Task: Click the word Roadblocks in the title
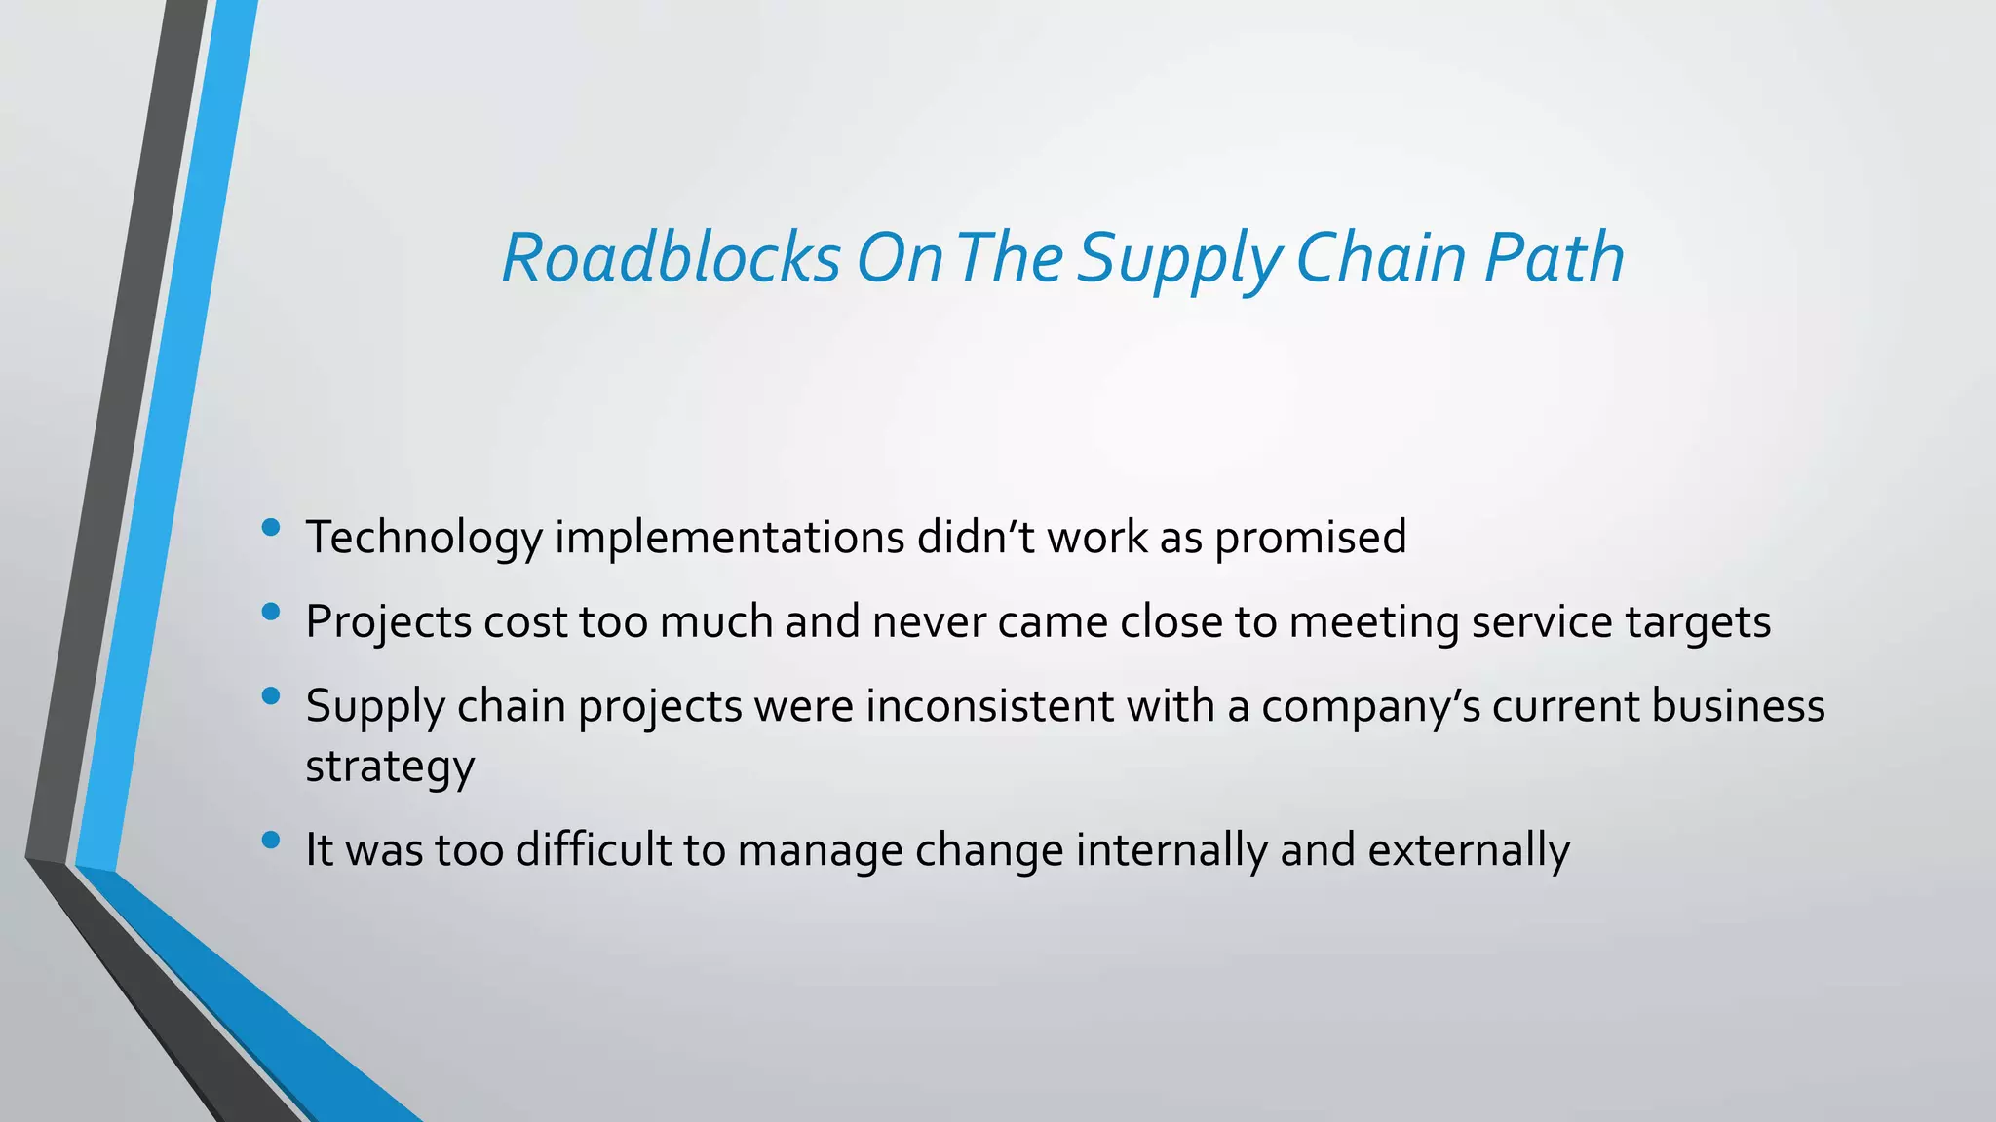(671, 258)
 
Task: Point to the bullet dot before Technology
(271, 528)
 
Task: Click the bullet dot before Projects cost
(271, 613)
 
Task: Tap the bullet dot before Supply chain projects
(271, 696)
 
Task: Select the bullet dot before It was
(271, 840)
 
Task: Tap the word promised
(1310, 538)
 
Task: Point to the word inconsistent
(989, 706)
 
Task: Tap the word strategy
(390, 767)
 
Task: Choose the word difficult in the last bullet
(593, 849)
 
